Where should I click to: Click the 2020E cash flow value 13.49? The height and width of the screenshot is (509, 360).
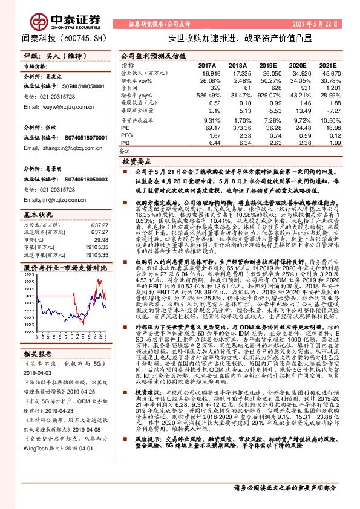(x=296, y=112)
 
